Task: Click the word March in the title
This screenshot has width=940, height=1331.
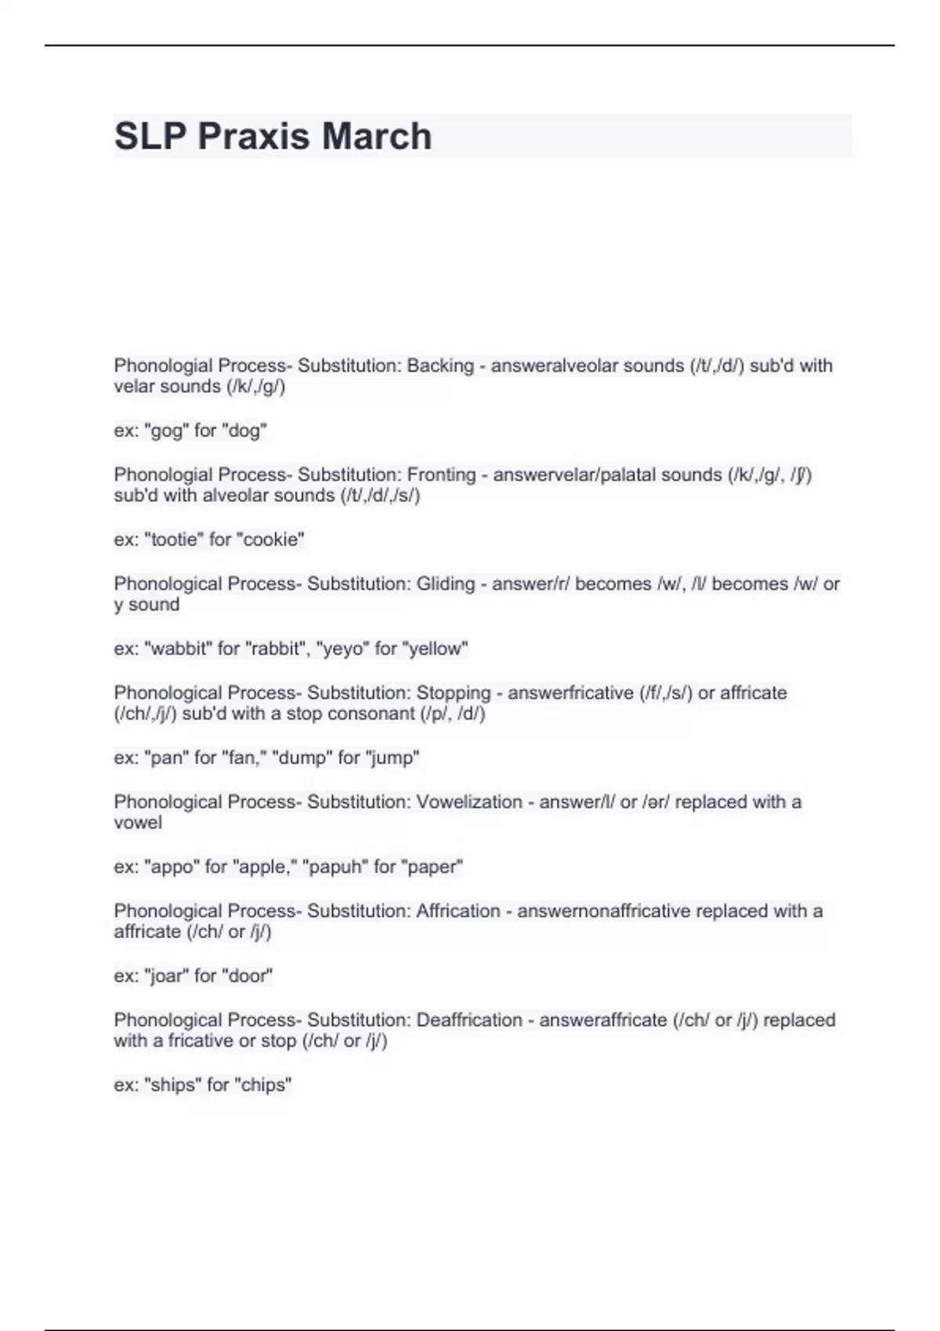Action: point(377,136)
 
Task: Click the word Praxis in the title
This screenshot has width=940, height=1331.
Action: point(254,136)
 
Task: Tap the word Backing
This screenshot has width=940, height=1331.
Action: point(440,366)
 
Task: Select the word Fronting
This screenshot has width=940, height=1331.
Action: point(442,474)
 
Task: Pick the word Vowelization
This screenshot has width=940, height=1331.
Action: point(469,802)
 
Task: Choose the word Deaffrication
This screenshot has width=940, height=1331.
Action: point(469,1020)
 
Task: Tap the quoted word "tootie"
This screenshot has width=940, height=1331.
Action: point(175,539)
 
